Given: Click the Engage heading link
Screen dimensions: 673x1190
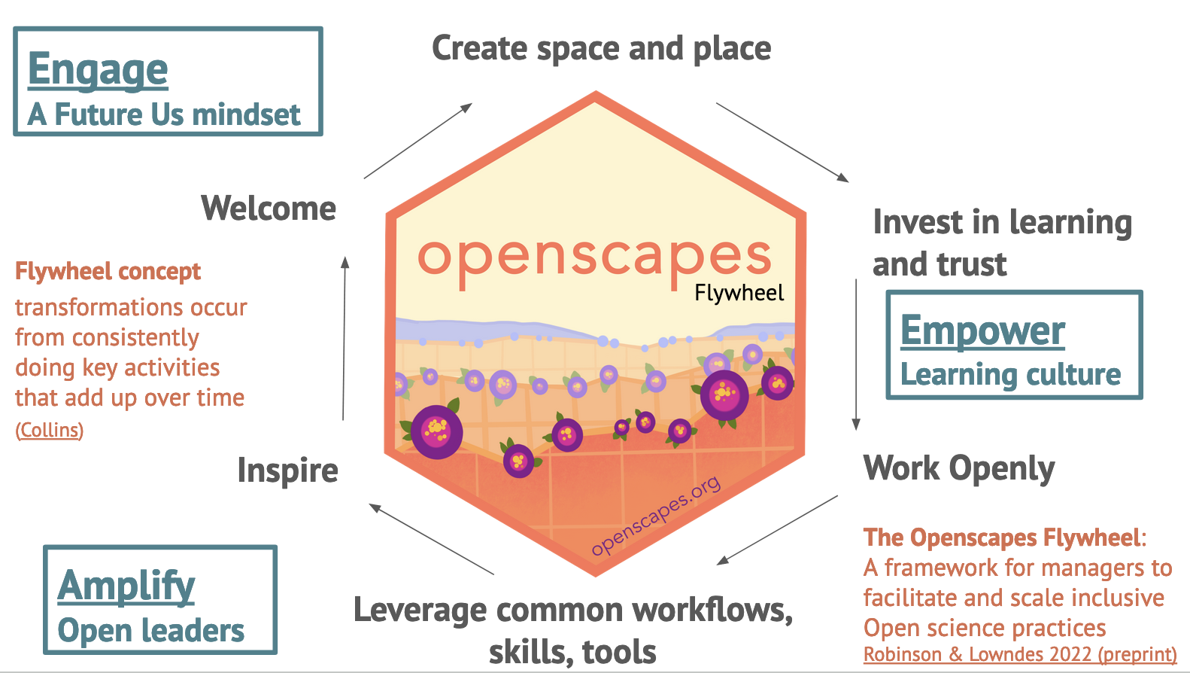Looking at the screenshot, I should point(98,70).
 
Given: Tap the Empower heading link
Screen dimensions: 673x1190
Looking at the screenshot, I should point(982,330).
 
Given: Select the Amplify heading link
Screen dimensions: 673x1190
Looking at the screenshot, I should point(126,586).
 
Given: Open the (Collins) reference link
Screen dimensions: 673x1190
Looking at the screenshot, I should point(50,430).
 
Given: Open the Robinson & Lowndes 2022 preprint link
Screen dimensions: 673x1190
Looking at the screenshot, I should point(1019,654).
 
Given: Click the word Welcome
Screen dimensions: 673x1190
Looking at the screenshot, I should point(269,209).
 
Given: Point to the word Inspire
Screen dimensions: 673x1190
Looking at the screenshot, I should point(287,470).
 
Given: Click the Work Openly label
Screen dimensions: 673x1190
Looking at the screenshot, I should point(958,468).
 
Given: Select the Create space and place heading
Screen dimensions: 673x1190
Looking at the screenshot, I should point(601,49).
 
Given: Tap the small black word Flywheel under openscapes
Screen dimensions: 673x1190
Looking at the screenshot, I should point(739,293).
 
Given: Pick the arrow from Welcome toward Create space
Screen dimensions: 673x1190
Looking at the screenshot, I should point(417,141).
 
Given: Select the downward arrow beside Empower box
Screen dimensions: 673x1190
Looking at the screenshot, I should point(856,354).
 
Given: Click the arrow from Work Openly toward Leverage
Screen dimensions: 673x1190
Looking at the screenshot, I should point(777,530).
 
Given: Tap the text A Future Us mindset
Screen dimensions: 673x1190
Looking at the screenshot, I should point(164,115).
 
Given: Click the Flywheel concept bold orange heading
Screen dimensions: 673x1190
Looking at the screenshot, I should point(108,271).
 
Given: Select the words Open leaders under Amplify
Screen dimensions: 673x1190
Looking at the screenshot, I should point(150,631).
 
